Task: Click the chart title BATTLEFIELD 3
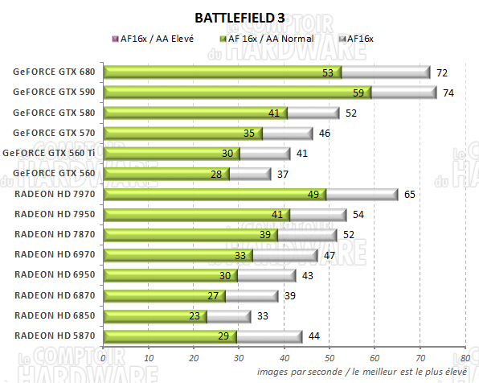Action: [x=239, y=17]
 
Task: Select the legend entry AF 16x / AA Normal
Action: [x=264, y=38]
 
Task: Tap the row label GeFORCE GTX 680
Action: [x=53, y=72]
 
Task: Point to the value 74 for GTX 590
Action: [x=448, y=93]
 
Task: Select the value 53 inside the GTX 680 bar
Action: [x=327, y=72]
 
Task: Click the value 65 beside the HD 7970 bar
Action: [x=409, y=194]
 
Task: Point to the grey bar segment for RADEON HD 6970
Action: [x=285, y=255]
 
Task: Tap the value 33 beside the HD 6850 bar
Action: [x=263, y=316]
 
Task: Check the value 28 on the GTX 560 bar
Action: [x=215, y=174]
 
